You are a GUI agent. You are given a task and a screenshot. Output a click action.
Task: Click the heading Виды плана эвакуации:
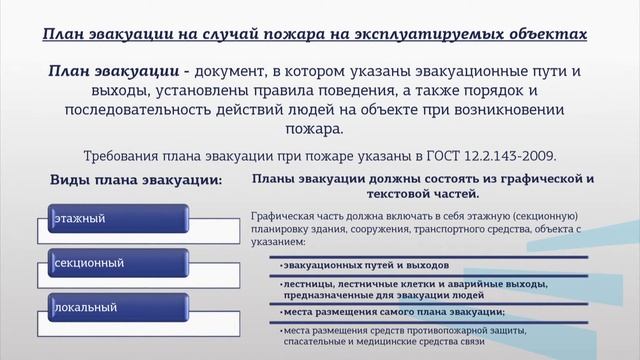136,178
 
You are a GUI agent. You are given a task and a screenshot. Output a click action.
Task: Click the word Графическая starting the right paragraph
283,215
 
